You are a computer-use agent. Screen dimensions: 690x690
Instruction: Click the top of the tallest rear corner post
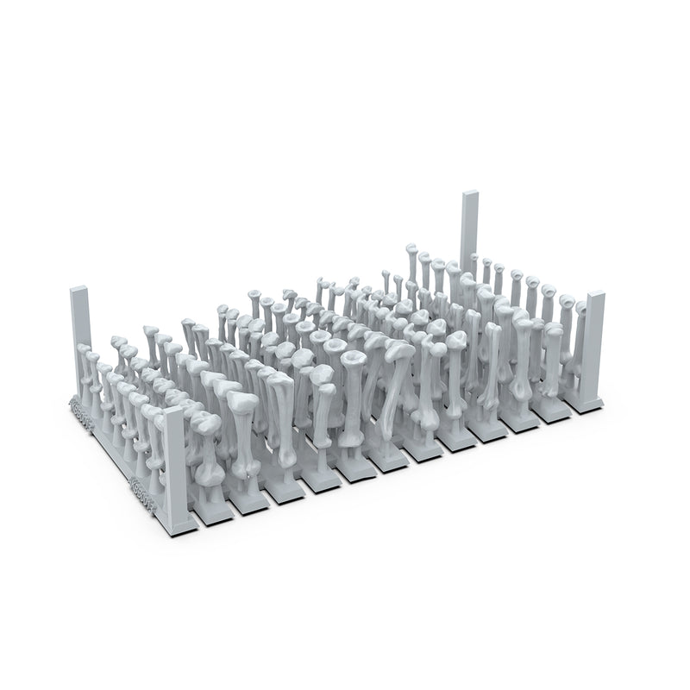click(469, 195)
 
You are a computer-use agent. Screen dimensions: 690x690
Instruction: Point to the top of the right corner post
click(595, 297)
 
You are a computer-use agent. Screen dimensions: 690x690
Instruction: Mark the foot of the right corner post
click(593, 400)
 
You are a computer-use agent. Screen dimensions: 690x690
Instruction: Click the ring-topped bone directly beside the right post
click(567, 302)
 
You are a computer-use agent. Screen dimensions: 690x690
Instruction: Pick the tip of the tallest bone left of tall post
click(412, 250)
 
